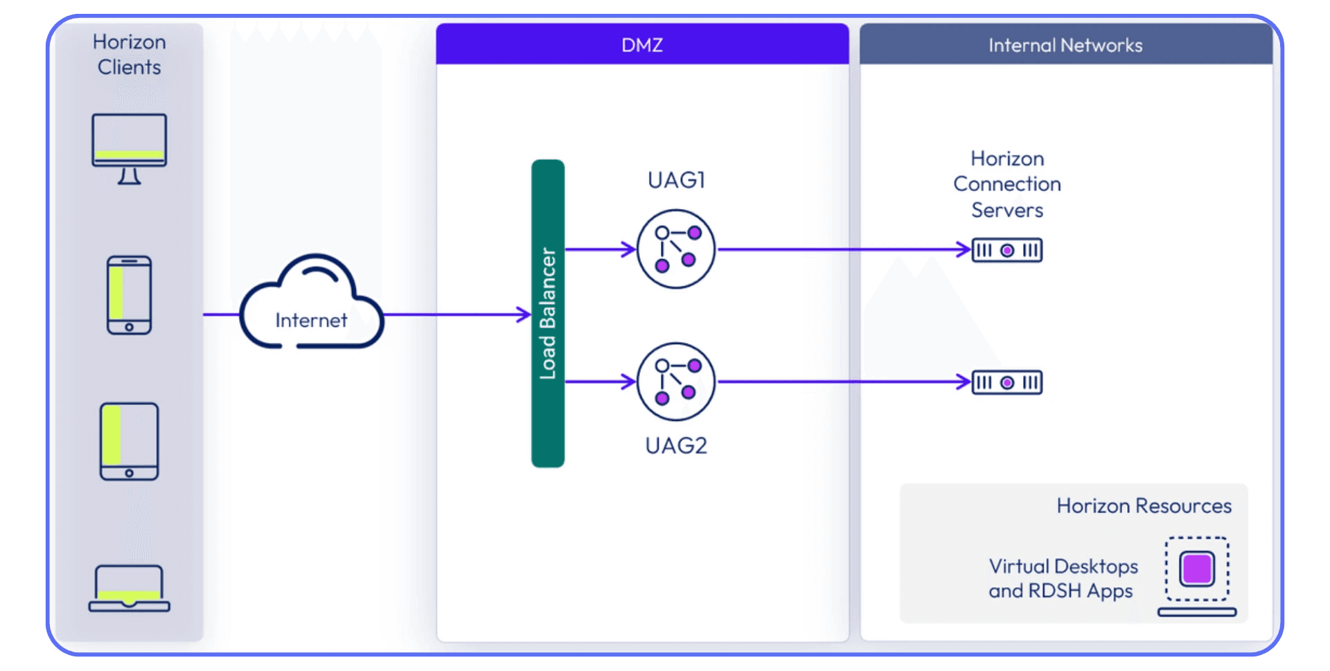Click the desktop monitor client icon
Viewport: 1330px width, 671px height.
click(130, 147)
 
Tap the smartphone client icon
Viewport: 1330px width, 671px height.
click(130, 295)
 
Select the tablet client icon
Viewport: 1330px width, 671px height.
click(130, 441)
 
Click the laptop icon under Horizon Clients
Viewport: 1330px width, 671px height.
click(130, 589)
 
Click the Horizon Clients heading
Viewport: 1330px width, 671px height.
click(130, 54)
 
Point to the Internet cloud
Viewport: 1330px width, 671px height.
click(311, 305)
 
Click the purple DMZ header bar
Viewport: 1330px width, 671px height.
click(642, 45)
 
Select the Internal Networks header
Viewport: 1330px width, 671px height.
click(1065, 45)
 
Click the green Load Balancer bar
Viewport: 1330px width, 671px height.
click(548, 313)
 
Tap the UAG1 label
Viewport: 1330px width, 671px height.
click(676, 180)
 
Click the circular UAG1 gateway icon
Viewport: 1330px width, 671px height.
click(676, 249)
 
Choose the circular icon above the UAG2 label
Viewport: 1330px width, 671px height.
click(676, 382)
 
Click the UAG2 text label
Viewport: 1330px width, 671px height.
click(676, 445)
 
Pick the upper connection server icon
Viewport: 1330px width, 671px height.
click(1007, 250)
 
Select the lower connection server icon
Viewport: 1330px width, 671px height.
click(1007, 382)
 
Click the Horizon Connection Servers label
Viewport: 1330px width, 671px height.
click(1007, 184)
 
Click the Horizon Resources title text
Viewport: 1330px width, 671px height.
click(1144, 506)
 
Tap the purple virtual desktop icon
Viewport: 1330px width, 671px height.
click(1197, 569)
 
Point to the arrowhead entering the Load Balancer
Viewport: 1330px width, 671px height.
click(524, 314)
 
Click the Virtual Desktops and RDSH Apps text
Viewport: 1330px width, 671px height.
click(1063, 578)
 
